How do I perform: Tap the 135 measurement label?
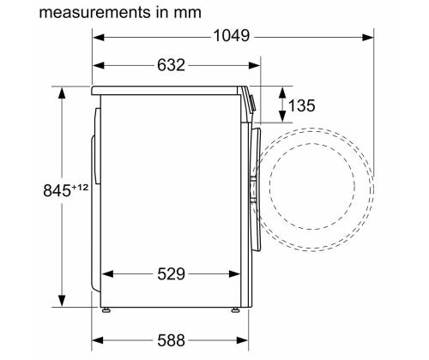pos(300,106)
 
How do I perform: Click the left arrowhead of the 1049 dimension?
pos(97,37)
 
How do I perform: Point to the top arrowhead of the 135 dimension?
pos(283,89)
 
